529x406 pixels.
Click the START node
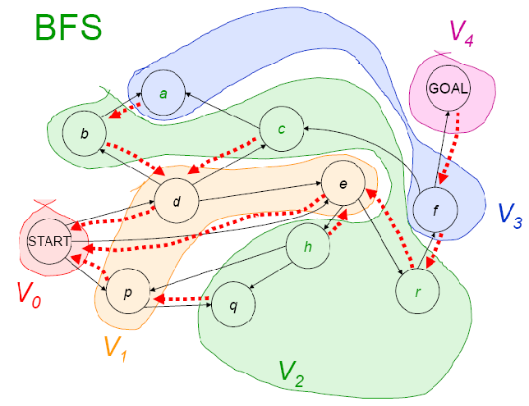45,242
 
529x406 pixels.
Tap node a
163,94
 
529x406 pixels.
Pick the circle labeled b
85,132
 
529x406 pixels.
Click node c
282,130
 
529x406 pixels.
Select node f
435,210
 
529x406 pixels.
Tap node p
128,292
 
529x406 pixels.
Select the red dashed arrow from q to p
184,300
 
